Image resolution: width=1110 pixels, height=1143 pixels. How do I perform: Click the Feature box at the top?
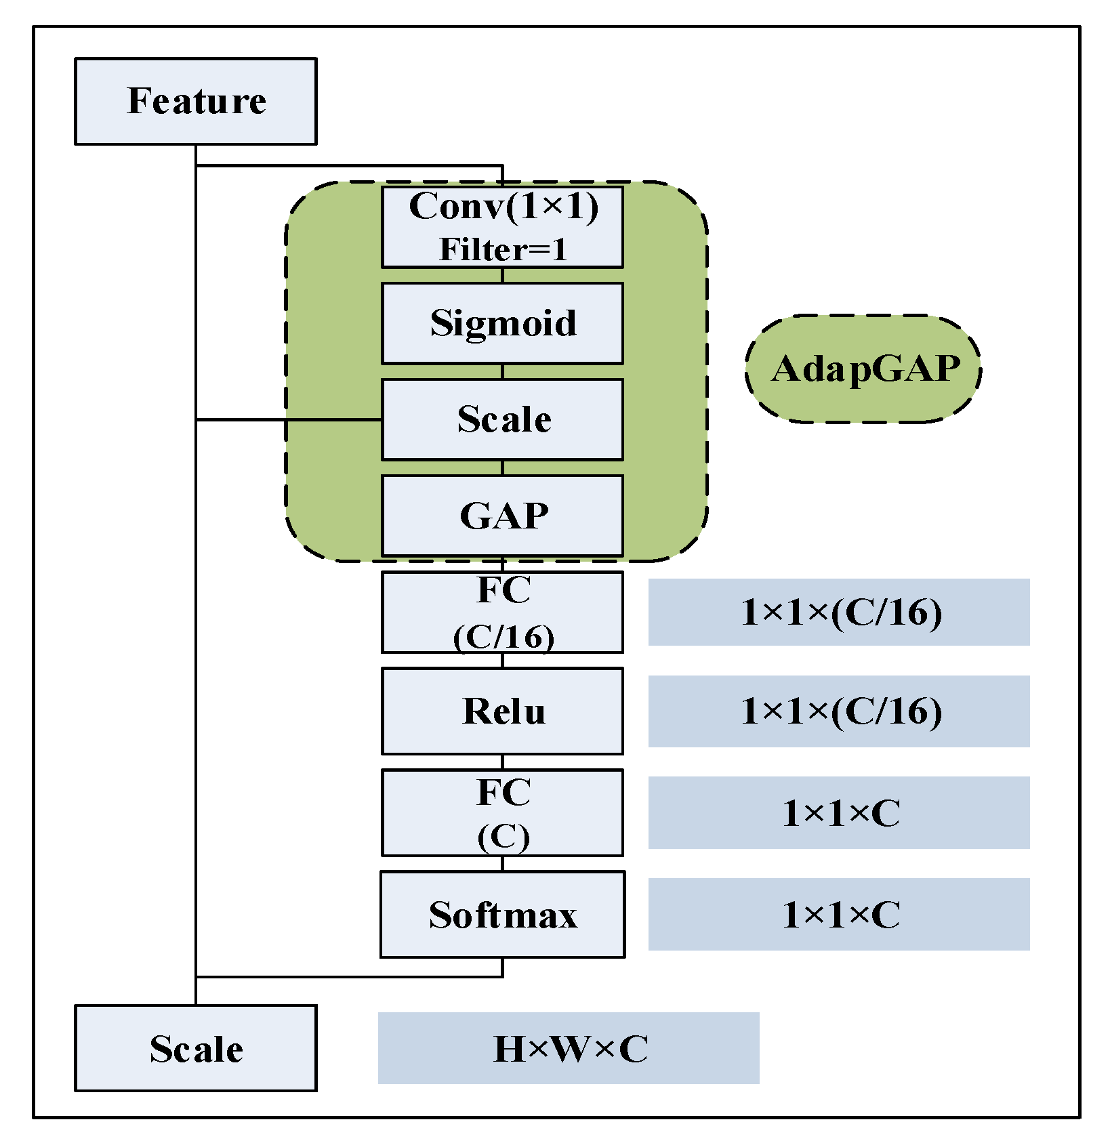[x=195, y=101]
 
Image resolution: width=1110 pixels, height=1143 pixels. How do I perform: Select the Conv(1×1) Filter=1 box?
[x=502, y=227]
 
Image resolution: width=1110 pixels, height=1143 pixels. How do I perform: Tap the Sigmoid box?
[x=502, y=323]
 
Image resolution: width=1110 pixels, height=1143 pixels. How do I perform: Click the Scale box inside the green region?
[x=502, y=419]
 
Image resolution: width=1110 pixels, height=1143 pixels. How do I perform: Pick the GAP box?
[x=502, y=516]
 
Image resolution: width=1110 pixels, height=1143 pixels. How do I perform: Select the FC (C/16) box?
[x=502, y=612]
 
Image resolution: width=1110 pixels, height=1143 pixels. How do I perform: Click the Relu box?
[x=502, y=711]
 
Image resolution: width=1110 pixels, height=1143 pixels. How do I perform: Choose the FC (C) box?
[x=502, y=812]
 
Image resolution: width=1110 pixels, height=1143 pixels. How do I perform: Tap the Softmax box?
[x=502, y=914]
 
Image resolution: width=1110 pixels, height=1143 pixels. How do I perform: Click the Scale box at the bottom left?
[x=195, y=1048]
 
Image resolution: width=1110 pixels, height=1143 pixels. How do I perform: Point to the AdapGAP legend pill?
[x=863, y=369]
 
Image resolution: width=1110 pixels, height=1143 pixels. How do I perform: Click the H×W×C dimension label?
[x=568, y=1048]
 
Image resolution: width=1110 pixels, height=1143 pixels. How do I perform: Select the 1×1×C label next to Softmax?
[x=839, y=914]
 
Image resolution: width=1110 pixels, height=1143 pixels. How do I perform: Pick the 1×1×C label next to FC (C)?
[x=839, y=812]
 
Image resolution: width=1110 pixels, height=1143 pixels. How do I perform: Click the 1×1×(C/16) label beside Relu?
[x=839, y=711]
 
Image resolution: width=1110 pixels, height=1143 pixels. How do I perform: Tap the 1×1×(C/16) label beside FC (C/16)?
[x=839, y=612]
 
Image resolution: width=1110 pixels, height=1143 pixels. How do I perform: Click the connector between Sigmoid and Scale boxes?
[x=502, y=371]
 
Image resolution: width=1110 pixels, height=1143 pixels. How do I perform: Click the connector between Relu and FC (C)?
[x=502, y=762]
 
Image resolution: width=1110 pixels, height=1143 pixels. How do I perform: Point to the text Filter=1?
[x=502, y=249]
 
